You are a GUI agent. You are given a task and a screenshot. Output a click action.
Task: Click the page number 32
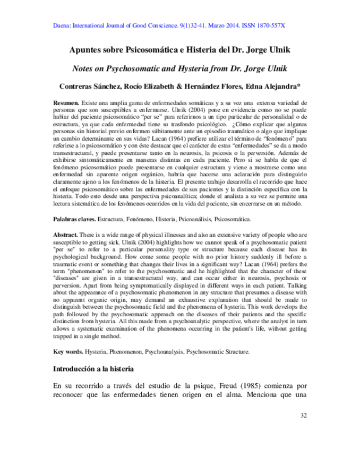[x=304, y=415]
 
